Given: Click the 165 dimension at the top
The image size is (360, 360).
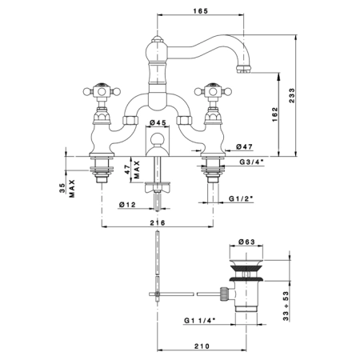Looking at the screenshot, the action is (200, 11).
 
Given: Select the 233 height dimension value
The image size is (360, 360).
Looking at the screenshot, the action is (292, 95).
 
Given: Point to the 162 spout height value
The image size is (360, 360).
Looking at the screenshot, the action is (274, 114).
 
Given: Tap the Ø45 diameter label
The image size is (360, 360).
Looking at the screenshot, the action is (158, 122).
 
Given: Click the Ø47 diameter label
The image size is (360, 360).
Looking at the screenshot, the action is (244, 146).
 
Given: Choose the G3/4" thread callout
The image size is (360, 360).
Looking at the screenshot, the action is (251, 162).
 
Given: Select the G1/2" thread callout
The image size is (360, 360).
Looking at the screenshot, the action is (241, 198).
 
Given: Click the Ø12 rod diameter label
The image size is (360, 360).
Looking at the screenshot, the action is (127, 205).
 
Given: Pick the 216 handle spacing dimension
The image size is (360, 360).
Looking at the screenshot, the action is (158, 222).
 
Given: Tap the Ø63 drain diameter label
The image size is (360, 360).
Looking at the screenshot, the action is (247, 242).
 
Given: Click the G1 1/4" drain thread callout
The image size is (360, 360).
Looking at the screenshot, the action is (200, 321).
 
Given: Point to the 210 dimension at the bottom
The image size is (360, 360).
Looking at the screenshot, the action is (202, 346).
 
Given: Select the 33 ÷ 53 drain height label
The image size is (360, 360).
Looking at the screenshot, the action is (286, 306).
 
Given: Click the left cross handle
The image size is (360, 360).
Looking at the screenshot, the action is (102, 92).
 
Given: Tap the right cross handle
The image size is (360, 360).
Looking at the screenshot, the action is (213, 92).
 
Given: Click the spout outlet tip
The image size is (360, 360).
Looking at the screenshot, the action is (243, 70).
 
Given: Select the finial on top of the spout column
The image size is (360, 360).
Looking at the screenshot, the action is (158, 40).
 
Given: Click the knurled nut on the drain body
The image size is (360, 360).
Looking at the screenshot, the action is (224, 294).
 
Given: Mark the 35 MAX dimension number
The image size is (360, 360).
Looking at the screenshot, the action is (62, 188).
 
